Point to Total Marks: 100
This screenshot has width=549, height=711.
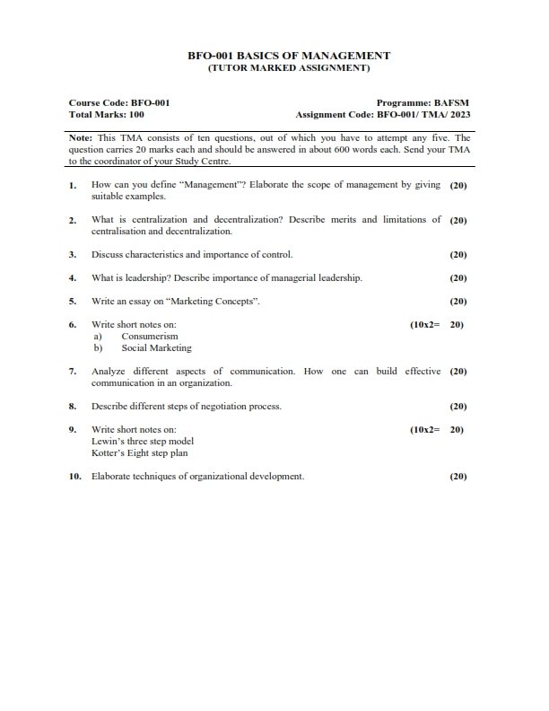[x=107, y=115]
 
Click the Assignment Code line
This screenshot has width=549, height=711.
[x=382, y=115]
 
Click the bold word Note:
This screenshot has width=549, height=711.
[x=80, y=138]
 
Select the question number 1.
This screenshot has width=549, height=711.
[x=72, y=185]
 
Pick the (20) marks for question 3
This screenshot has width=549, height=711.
[x=457, y=254]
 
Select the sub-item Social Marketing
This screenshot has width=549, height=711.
[x=156, y=347]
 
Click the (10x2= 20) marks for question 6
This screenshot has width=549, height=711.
[x=436, y=324]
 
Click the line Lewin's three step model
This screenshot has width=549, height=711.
[x=143, y=441]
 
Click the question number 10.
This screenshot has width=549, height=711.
[x=75, y=476]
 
